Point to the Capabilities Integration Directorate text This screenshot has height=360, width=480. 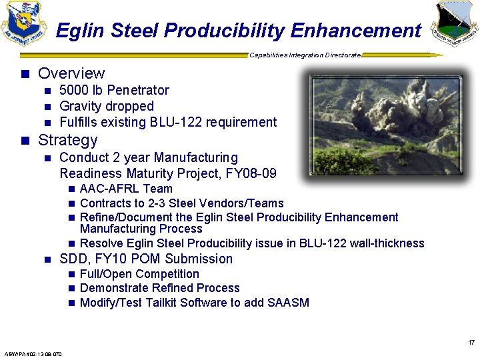(305, 55)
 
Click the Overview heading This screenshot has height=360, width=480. (71, 73)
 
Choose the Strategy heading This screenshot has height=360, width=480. (67, 140)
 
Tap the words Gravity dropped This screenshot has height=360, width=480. (107, 106)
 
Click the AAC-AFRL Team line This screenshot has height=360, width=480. (126, 189)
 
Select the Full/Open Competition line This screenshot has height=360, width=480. (139, 274)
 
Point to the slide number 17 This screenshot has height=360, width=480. (471, 343)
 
